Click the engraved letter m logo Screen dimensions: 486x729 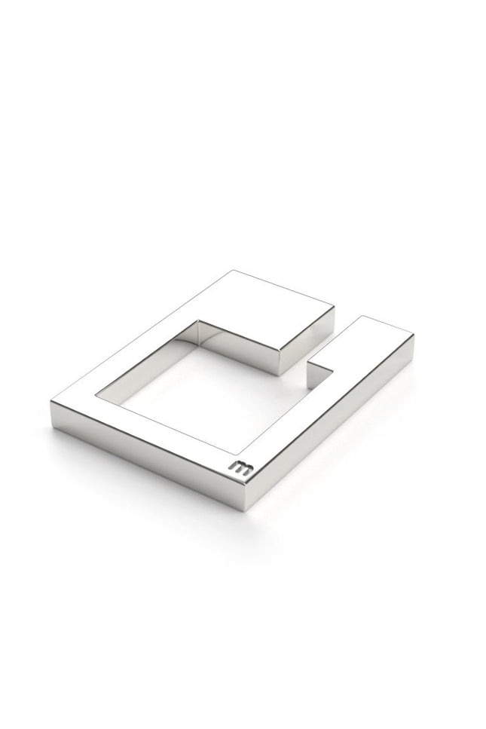(x=242, y=468)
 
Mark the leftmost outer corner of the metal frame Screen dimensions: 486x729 (x=50, y=403)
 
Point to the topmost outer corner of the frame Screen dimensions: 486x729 (x=232, y=270)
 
